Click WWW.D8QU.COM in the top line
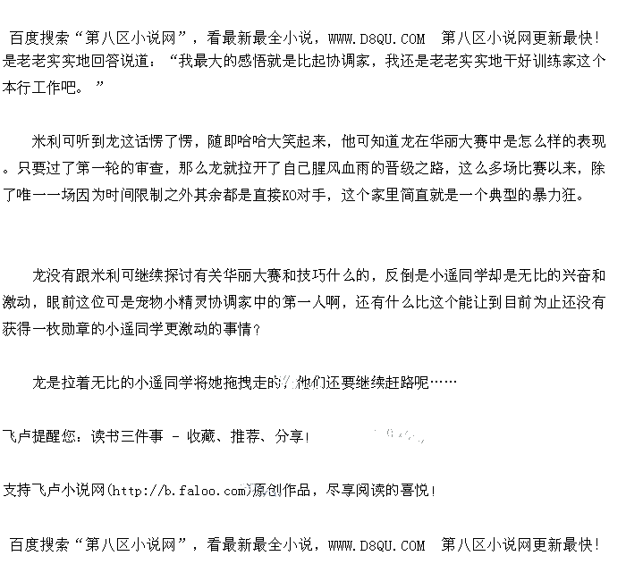pos(376,38)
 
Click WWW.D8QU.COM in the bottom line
pos(376,544)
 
